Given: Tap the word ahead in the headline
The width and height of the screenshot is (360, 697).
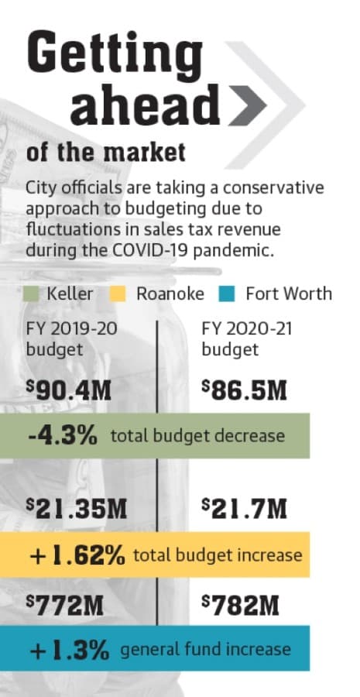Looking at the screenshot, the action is click(x=146, y=105).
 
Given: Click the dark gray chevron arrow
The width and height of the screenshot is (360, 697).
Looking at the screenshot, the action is click(x=248, y=105).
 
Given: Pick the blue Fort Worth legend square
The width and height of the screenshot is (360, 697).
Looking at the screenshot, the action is click(x=227, y=294).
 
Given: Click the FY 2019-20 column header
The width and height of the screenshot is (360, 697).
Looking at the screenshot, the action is click(x=72, y=339).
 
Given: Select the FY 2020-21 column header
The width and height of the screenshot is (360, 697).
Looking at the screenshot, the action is click(x=247, y=339).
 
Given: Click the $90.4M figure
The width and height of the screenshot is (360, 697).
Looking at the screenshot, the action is click(x=68, y=392).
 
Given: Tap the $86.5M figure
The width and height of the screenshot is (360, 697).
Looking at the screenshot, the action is click(x=244, y=391).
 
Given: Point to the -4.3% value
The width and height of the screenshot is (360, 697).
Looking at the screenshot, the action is click(x=63, y=436).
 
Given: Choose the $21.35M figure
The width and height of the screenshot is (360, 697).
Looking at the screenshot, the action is click(x=77, y=510).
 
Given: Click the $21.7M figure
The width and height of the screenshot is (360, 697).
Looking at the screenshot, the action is click(x=244, y=509).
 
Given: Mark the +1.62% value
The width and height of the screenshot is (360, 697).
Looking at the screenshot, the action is click(x=77, y=555).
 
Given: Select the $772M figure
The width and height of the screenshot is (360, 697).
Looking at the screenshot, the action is click(x=65, y=606).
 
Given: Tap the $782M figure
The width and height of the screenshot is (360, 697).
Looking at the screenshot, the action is click(x=241, y=606).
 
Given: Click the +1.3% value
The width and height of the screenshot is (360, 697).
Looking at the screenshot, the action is click(x=70, y=651).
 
